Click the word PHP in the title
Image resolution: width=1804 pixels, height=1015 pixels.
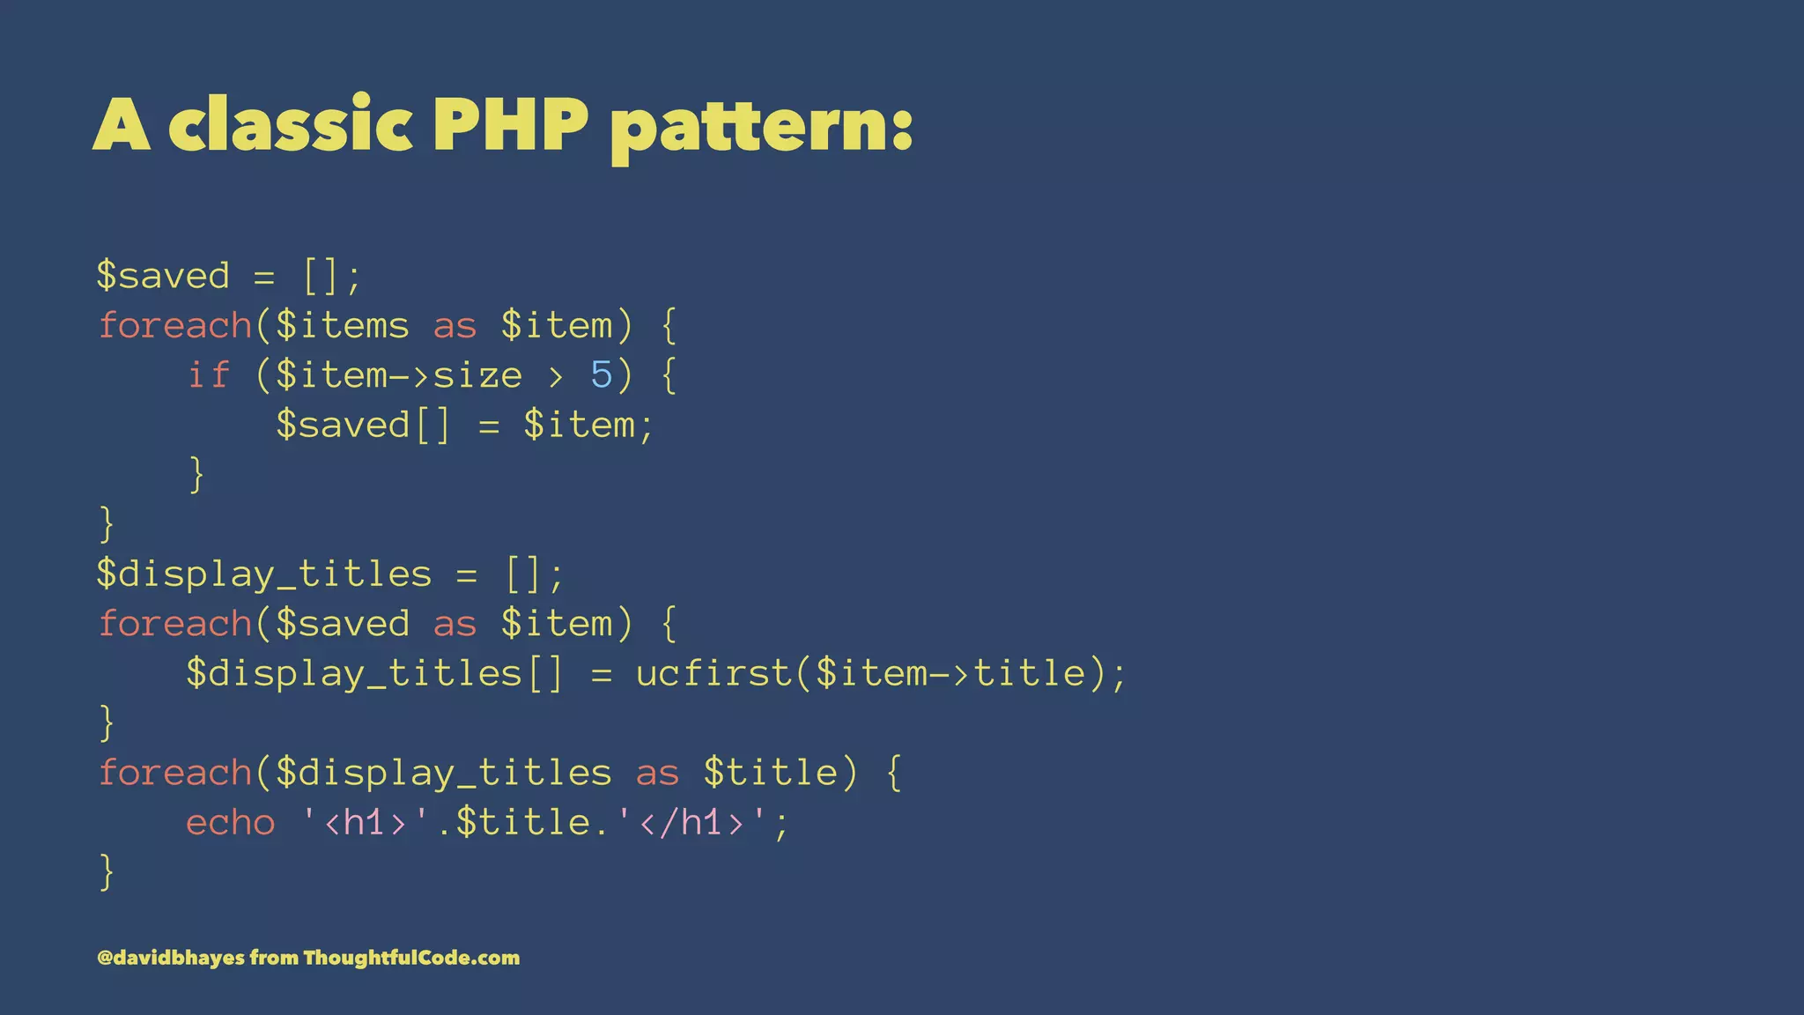tap(510, 124)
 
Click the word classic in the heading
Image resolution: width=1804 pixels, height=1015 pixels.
tap(290, 124)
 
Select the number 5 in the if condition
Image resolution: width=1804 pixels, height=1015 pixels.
tap(602, 375)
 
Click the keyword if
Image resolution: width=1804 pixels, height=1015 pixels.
tap(209, 375)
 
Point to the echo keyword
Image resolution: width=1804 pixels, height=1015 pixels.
tap(231, 823)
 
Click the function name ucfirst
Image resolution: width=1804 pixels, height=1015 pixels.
tap(714, 674)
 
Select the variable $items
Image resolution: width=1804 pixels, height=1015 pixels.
tap(343, 326)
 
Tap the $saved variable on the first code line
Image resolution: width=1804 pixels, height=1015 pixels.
tap(163, 276)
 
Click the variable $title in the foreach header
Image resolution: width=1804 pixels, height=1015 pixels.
tap(771, 773)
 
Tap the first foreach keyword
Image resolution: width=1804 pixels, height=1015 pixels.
tap(175, 326)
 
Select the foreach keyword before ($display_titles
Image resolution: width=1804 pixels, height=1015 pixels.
tap(175, 773)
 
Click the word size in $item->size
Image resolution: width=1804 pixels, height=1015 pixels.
tap(477, 375)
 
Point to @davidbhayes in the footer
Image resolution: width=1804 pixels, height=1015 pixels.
tap(171, 958)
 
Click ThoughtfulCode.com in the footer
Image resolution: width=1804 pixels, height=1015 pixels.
tap(411, 958)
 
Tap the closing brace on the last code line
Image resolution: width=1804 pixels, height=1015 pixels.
tap(107, 872)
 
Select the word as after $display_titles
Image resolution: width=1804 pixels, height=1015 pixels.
tap(657, 773)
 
